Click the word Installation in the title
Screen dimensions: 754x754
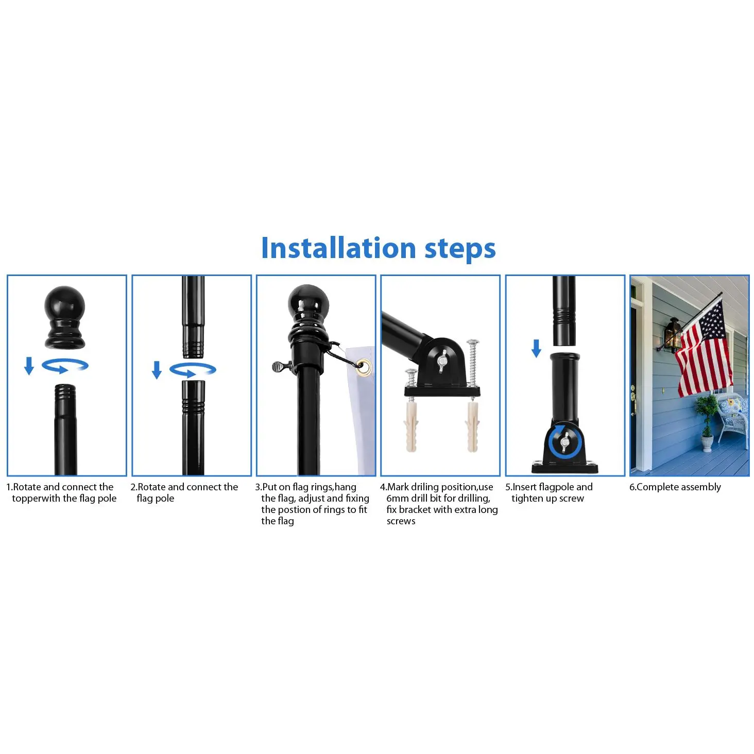(338, 248)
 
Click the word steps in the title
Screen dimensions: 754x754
(460, 250)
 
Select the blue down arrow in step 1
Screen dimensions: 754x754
(29, 366)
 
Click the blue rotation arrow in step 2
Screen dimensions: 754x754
(193, 370)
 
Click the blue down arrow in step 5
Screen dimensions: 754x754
(536, 348)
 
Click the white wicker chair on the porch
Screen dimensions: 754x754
(732, 418)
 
